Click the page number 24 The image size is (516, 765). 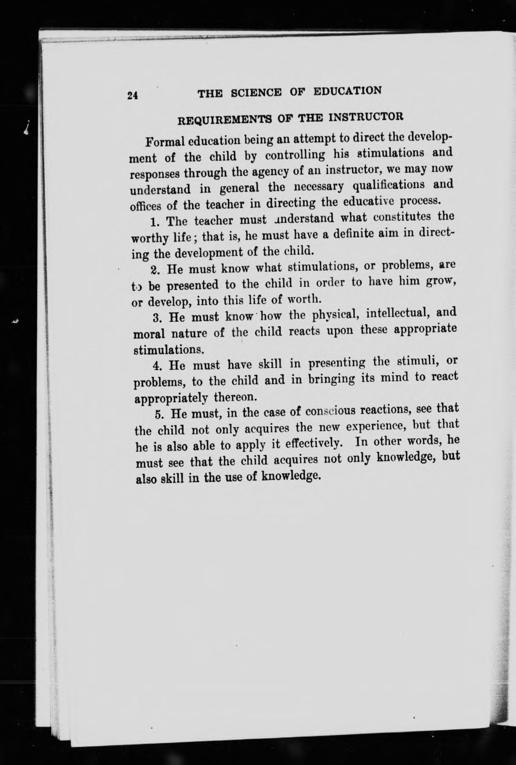tap(132, 95)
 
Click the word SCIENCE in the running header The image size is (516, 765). tap(256, 93)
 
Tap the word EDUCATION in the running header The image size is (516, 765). tap(347, 91)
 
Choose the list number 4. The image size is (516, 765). tap(157, 366)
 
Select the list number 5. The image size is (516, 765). tap(158, 414)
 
